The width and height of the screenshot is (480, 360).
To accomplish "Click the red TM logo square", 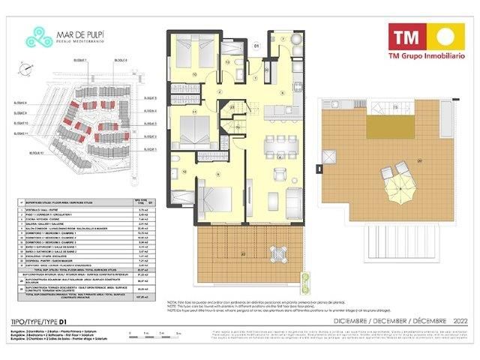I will point(403,36).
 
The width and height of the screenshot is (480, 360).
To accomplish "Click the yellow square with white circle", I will point(442,36).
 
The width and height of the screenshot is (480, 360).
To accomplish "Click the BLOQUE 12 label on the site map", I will point(36,151).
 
